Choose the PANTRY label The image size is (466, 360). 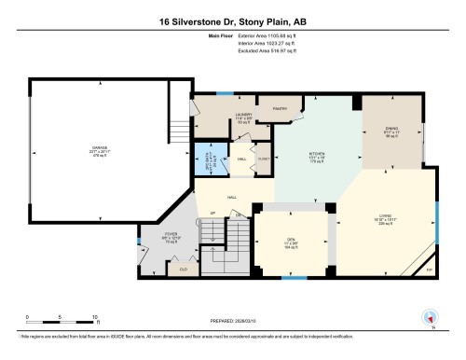coord(278,109)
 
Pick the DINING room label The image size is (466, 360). coord(391,132)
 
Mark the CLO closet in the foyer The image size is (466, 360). coord(183,268)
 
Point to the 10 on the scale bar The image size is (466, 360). coord(84,318)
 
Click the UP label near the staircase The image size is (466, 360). coord(212,214)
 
